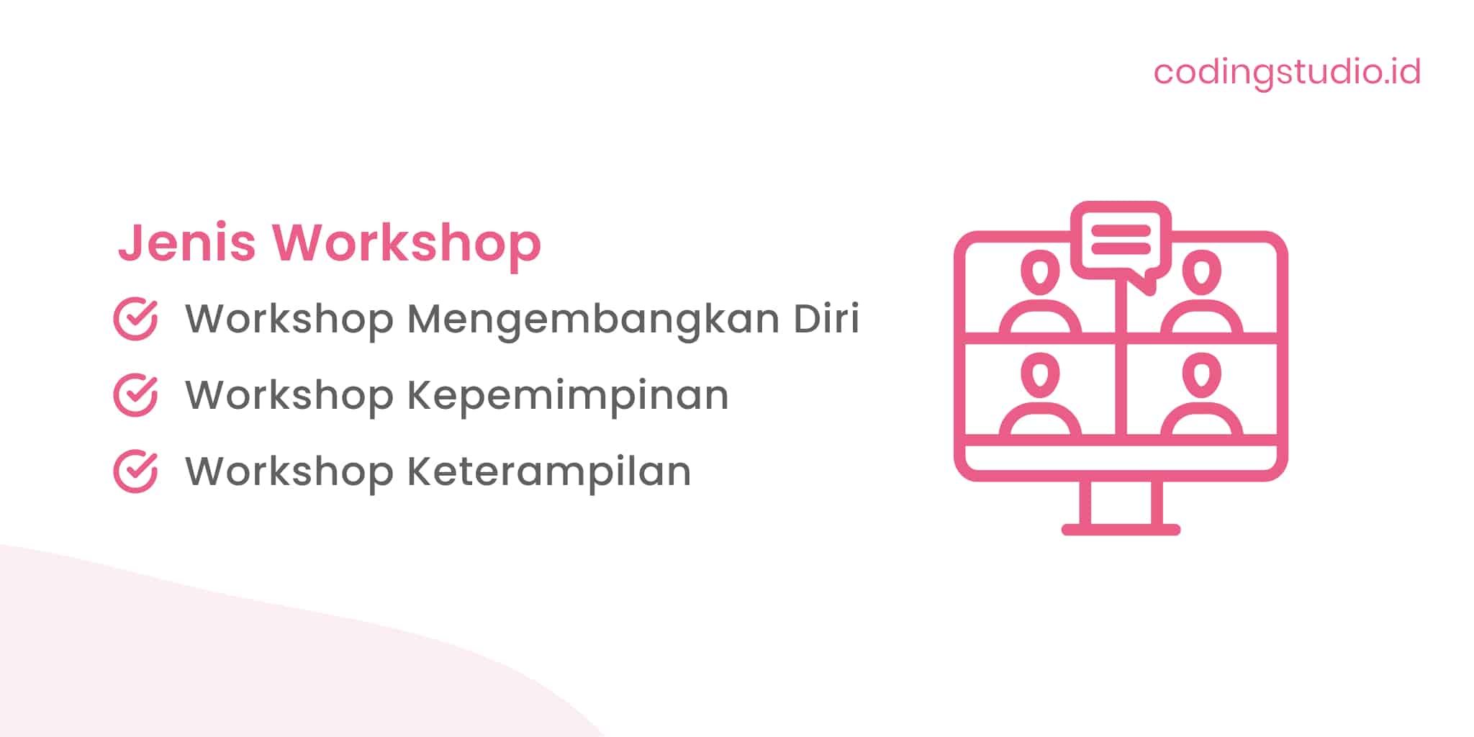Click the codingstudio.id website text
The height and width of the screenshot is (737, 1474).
coord(1287,72)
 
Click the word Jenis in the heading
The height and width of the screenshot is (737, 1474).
coord(187,243)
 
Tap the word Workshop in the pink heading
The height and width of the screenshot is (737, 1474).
coord(406,244)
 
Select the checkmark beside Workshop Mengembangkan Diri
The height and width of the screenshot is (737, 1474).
coord(135,319)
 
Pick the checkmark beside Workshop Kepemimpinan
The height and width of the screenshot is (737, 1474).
coord(135,395)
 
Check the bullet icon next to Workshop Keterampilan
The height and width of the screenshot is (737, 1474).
coord(135,471)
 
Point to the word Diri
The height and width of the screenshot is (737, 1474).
coord(826,318)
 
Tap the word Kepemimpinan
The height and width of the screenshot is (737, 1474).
coord(568,396)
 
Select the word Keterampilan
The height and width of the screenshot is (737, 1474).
coord(549,471)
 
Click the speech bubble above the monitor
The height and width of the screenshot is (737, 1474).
coord(1121,241)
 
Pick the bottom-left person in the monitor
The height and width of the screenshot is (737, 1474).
coord(1040,396)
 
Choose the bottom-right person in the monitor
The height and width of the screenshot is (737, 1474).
coord(1201,396)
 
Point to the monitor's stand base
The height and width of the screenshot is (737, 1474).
coord(1121,530)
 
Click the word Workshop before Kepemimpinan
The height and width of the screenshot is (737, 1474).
coord(289,396)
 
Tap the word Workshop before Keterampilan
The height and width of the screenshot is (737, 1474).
coord(289,471)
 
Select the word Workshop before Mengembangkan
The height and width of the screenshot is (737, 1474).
coord(289,320)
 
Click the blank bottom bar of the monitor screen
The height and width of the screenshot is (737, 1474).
coord(1121,458)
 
